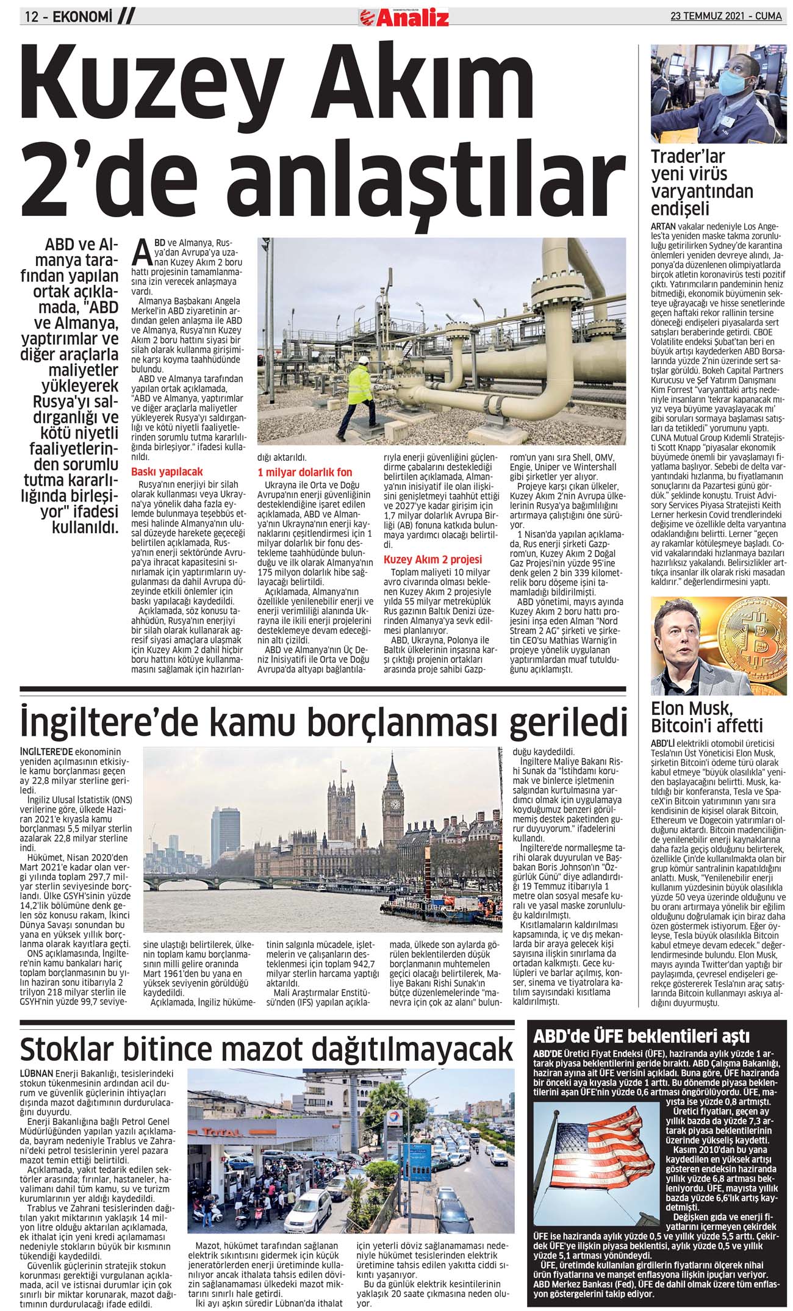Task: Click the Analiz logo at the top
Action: [403, 17]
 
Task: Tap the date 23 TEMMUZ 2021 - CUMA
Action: [725, 16]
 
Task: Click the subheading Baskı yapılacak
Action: [167, 472]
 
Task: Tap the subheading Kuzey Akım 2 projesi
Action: [432, 559]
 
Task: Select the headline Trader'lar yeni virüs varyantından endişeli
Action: [701, 182]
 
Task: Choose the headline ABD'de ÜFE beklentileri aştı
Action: [641, 1036]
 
